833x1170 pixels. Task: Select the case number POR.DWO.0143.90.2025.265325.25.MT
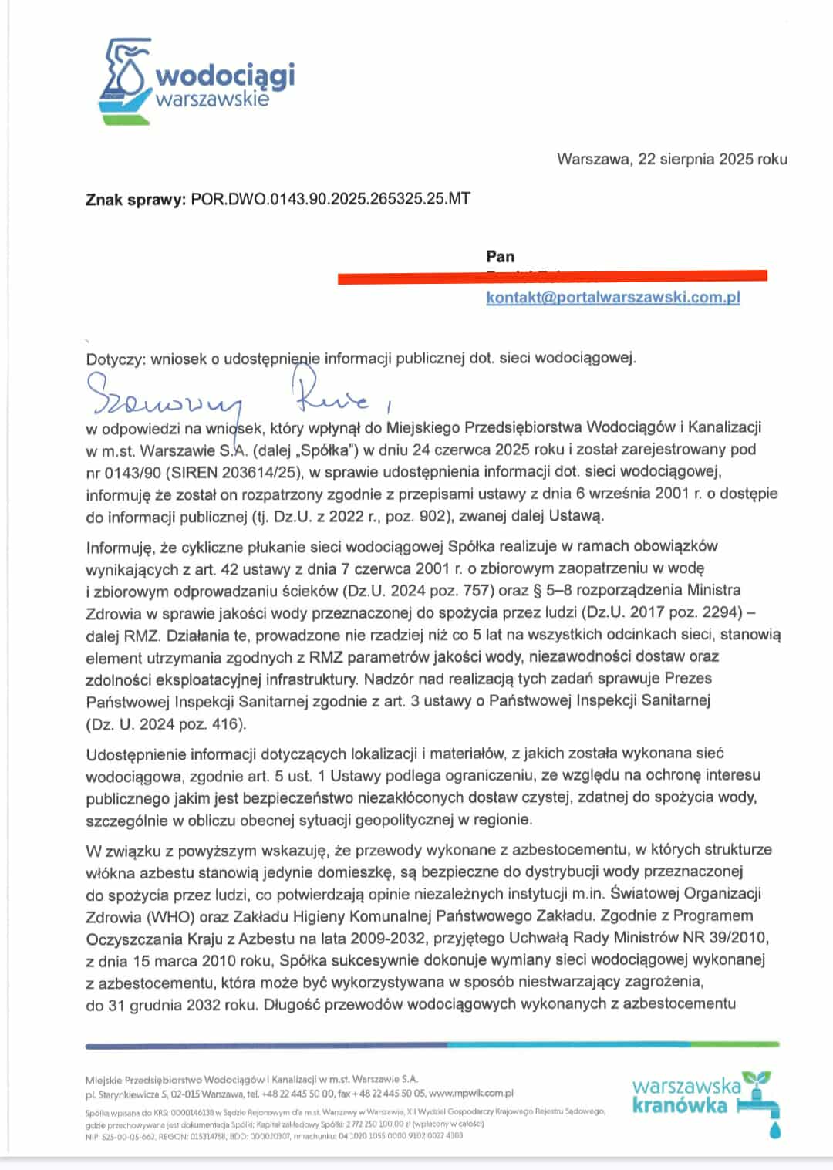(330, 199)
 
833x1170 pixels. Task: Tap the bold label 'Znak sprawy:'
(136, 200)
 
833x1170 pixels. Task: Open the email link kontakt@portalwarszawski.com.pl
(612, 298)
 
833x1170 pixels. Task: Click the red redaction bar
(552, 275)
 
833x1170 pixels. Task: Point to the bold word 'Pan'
(501, 256)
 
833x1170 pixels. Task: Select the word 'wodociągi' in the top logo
(225, 76)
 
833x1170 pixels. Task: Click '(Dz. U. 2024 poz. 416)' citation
(166, 724)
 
